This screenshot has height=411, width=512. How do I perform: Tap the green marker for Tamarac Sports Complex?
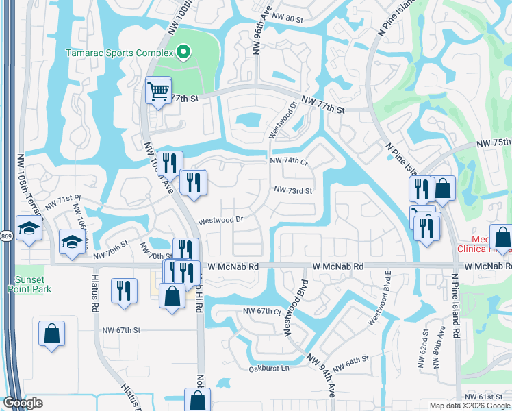coord(183,52)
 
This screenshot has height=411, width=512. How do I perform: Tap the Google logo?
coord(23,403)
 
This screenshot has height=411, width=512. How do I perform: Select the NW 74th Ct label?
coord(290,160)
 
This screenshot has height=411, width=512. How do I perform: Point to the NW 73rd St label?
coord(293,190)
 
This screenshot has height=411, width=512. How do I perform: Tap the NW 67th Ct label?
coord(263,311)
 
